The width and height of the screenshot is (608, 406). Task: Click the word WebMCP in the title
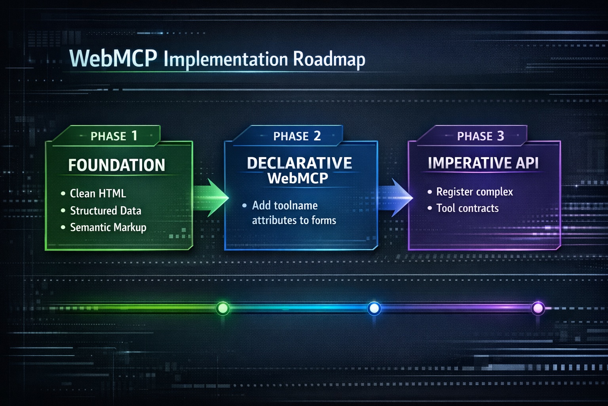tap(113, 59)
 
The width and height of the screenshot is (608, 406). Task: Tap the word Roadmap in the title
tap(329, 59)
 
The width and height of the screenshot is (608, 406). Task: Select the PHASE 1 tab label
tap(114, 136)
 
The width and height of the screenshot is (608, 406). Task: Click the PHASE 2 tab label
tap(297, 136)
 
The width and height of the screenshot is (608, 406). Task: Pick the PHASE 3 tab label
tap(480, 136)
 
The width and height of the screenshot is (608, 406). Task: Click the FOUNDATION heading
tap(117, 165)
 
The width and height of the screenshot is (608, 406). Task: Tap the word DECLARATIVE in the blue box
tap(299, 163)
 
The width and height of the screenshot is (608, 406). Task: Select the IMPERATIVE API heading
tap(483, 163)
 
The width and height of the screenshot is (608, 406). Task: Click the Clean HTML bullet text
tap(98, 193)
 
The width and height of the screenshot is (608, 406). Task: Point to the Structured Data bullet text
tap(105, 211)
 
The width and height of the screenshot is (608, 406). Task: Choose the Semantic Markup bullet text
tap(108, 227)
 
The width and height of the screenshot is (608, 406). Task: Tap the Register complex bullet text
tap(474, 192)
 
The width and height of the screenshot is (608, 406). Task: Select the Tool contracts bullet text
tap(467, 208)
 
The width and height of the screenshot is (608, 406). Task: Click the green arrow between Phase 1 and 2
tap(211, 197)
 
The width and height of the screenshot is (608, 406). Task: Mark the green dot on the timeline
tap(223, 308)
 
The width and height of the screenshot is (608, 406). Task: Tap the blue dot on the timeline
tap(374, 308)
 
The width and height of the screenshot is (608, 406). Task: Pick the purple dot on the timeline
tap(538, 308)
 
